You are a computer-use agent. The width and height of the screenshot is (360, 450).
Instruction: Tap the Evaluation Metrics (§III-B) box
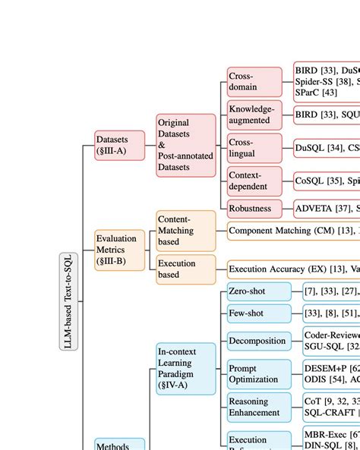pos(116,249)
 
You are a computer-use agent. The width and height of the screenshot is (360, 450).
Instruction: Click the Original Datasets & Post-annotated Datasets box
pos(186,145)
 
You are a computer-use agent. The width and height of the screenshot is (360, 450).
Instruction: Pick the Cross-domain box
pos(254,81)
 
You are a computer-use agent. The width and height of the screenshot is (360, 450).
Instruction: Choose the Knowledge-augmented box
pos(254,115)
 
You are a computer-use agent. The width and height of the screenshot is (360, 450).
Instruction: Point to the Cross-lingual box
pos(254,148)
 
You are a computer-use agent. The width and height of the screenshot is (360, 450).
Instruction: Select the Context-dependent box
pos(254,181)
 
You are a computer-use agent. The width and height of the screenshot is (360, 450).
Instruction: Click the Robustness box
pos(254,208)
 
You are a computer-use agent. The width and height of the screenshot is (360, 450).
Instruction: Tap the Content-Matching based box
pos(186,231)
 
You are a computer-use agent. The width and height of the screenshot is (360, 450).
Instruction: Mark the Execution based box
pos(186,269)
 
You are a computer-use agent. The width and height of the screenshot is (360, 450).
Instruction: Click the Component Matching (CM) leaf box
pos(293,231)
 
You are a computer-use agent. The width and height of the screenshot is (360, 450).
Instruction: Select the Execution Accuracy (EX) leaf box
pos(293,269)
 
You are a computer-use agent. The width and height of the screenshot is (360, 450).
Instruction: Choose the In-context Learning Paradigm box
pos(186,368)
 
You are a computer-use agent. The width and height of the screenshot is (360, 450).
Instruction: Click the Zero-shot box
pos(259,291)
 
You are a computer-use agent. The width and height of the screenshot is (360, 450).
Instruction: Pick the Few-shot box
pos(259,313)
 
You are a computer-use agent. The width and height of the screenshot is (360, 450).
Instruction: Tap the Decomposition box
pos(259,341)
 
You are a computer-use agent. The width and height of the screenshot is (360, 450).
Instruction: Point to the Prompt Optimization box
pos(259,374)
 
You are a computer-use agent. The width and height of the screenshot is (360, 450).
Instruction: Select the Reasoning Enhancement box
pos(259,407)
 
